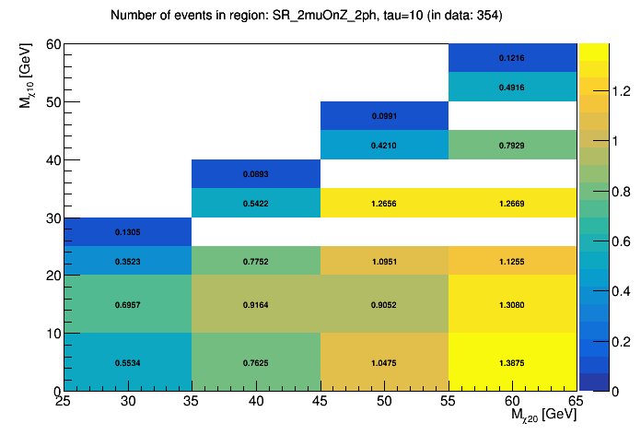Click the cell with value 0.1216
pos(512,58)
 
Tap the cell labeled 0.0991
pos(384,116)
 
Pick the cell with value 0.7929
pos(512,145)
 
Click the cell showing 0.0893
pos(256,174)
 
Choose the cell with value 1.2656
pos(384,203)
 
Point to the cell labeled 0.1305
pos(128,231)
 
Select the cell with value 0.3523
pos(128,261)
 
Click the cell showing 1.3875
pos(512,362)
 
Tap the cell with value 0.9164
pos(256,304)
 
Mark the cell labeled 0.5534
pos(128,362)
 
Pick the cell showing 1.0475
pos(384,362)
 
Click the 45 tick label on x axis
pos(320,402)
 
